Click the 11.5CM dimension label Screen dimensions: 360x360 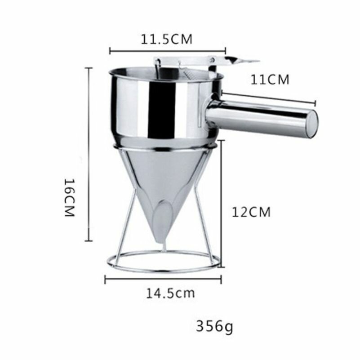(x=166, y=39)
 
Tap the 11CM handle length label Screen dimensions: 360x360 (x=270, y=80)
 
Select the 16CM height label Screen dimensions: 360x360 (x=69, y=198)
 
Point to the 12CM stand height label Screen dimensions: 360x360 (x=251, y=212)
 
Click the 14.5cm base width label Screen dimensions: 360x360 (x=170, y=293)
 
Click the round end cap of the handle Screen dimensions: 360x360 (x=312, y=124)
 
